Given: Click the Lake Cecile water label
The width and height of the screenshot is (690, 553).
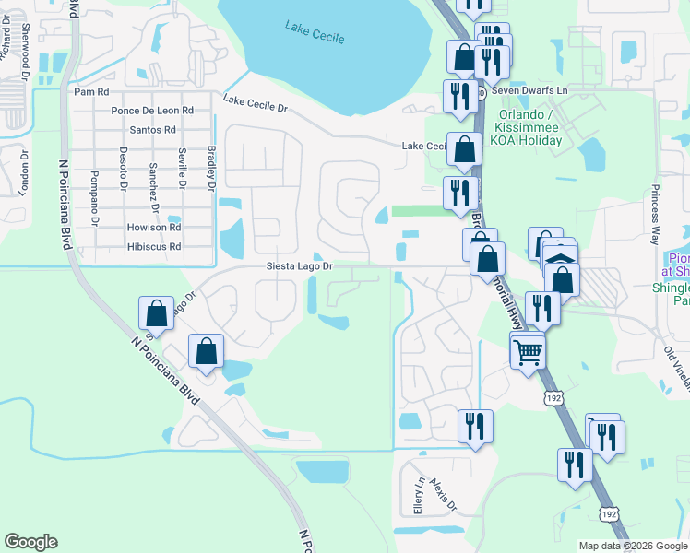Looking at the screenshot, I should point(316,36).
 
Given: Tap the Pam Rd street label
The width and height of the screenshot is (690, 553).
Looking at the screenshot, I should point(91,92).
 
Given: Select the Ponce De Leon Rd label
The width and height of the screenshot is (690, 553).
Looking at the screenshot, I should point(152,111).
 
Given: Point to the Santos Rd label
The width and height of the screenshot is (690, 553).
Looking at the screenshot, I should point(153,130).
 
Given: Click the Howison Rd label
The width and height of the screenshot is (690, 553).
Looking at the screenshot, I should point(155,228).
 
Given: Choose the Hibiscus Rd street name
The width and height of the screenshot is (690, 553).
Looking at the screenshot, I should point(155,247).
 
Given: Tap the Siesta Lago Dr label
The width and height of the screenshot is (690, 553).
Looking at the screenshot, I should point(299,267).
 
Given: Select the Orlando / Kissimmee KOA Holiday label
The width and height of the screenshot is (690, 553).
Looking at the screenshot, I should point(529,128).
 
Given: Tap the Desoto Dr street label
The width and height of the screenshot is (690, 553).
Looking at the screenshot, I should point(123,169).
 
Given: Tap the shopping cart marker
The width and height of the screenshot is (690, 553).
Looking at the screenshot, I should point(527,350).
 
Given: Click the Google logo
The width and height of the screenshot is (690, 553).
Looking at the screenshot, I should point(31,542).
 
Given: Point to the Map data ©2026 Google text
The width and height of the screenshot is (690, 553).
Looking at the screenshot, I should point(631,546).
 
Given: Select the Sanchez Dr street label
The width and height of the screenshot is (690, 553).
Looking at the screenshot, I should point(151,186).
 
